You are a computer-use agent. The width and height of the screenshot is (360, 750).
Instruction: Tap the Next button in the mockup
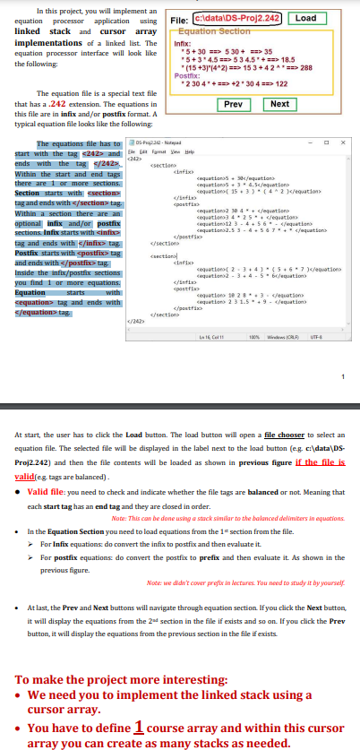coord(279,103)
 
